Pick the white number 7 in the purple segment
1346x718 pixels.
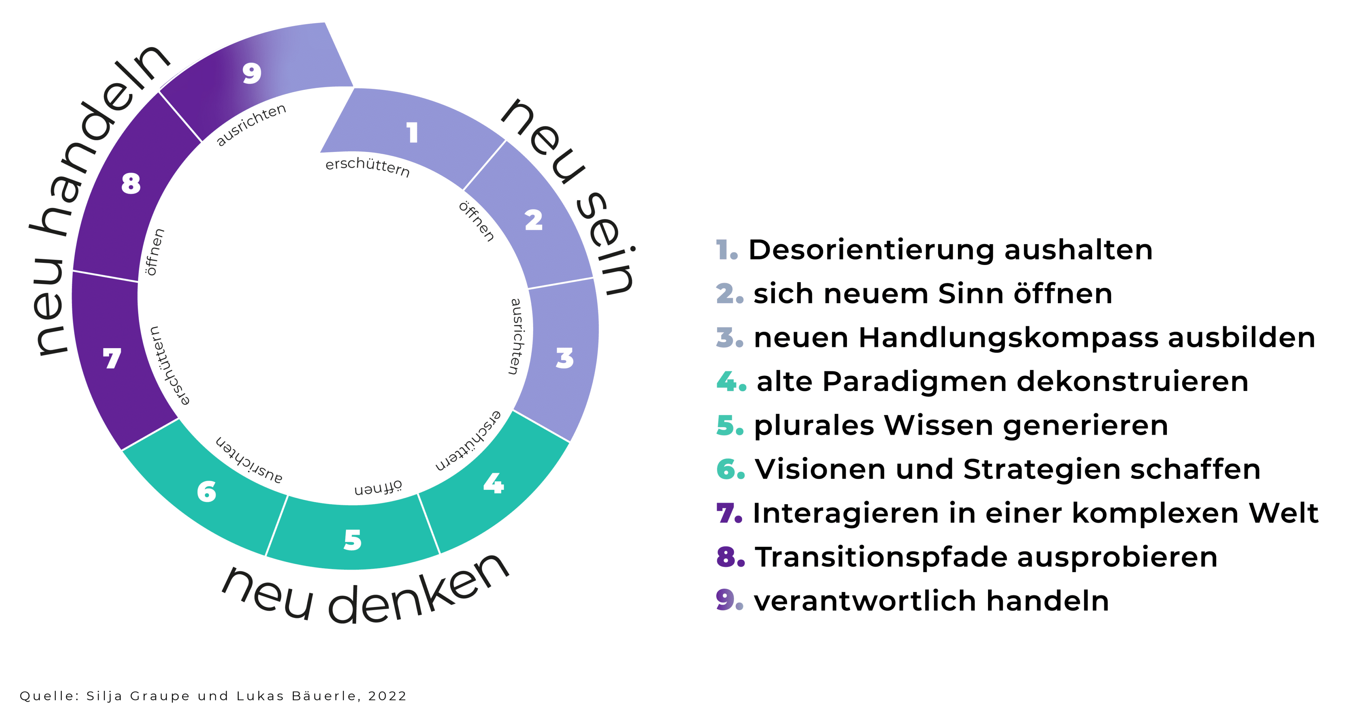point(112,358)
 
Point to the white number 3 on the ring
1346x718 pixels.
point(564,358)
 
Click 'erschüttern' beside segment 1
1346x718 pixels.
point(367,166)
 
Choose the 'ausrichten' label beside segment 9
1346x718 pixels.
point(251,125)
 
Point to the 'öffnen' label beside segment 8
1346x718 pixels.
point(154,252)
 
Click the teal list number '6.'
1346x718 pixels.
point(730,469)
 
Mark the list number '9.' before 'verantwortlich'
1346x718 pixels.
point(729,600)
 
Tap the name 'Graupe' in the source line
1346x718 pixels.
point(160,696)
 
